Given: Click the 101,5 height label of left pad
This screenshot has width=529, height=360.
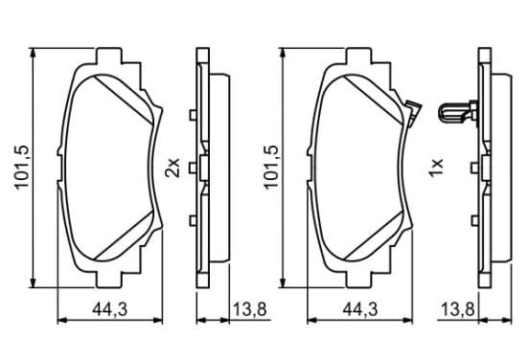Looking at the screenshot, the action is [22, 168].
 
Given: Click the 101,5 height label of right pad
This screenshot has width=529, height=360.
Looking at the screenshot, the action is [271, 168].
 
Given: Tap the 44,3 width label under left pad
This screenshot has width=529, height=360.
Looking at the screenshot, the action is [110, 309].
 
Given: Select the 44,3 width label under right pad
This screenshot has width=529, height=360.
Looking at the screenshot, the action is [360, 309].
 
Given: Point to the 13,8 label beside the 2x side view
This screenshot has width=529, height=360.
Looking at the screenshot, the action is [250, 309].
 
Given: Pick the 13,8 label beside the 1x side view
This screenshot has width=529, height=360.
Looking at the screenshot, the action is [458, 309].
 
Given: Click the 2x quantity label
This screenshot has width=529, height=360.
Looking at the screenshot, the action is [172, 168].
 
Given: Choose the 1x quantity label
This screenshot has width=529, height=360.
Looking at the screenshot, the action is [436, 168].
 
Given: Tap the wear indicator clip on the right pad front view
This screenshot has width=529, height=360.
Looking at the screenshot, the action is [414, 113].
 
